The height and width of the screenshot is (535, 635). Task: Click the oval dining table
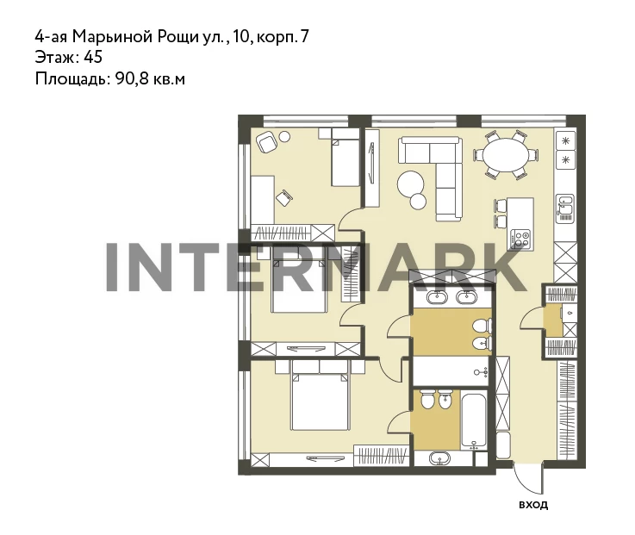(x=507, y=155)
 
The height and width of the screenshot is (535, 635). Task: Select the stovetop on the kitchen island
(x=520, y=239)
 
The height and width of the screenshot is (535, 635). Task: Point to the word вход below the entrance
(x=533, y=505)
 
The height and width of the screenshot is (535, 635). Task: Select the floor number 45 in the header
(x=93, y=57)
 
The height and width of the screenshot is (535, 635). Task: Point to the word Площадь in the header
(x=72, y=78)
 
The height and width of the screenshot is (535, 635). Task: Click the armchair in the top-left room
(x=267, y=141)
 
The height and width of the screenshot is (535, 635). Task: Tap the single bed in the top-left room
(x=346, y=158)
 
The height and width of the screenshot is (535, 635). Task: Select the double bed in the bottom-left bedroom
(x=320, y=395)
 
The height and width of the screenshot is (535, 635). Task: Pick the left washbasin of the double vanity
(x=437, y=297)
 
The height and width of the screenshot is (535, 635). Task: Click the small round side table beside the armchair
(x=284, y=136)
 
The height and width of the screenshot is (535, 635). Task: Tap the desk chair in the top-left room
(x=284, y=197)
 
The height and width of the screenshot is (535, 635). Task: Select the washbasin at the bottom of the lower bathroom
(x=439, y=458)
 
